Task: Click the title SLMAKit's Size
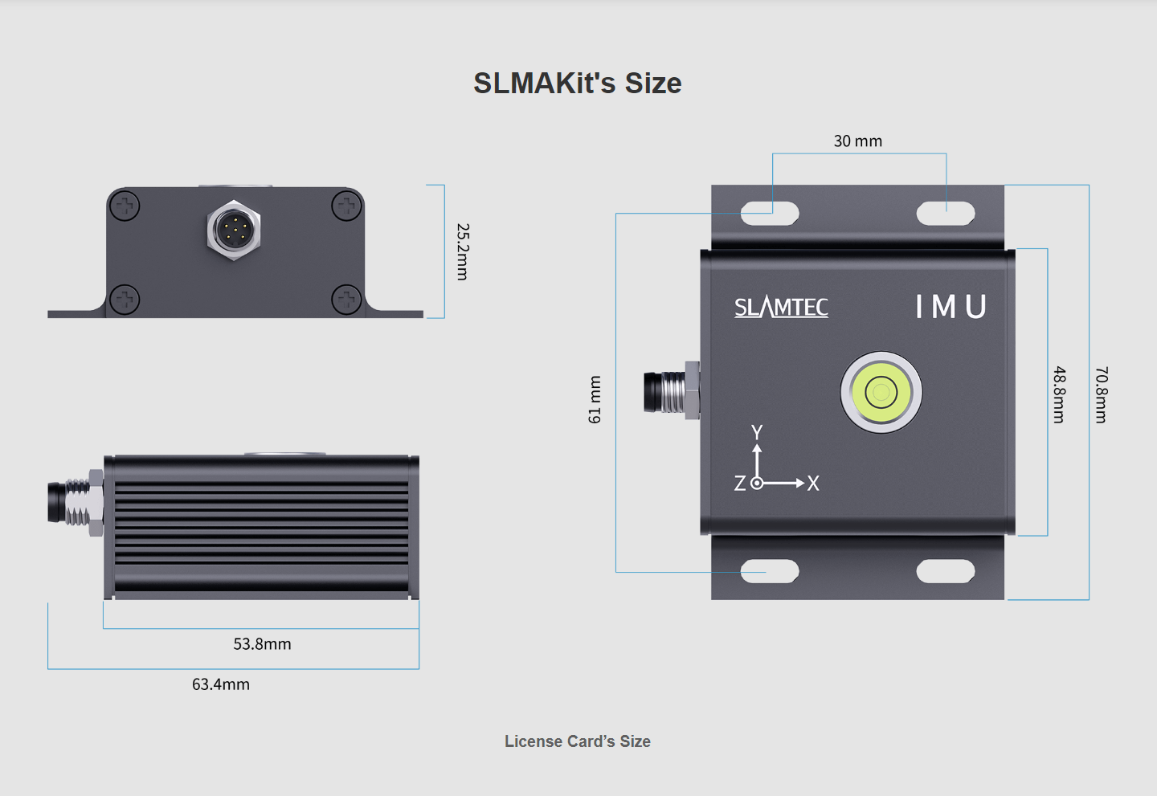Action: coord(577,84)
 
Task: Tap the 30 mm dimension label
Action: coord(857,141)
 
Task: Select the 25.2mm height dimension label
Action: coord(463,251)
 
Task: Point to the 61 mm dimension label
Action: coord(595,399)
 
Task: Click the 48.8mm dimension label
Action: coord(1060,394)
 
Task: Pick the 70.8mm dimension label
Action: coord(1102,394)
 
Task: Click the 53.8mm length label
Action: coord(262,644)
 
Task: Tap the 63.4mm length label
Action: coord(220,684)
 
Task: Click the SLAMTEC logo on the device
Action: coord(781,307)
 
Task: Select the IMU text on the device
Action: coord(951,307)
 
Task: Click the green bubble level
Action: coord(881,393)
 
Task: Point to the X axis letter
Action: coord(813,484)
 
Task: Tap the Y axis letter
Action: coord(757,433)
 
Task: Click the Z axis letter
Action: coord(740,484)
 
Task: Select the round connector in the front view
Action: coord(234,231)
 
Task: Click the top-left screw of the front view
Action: coord(125,206)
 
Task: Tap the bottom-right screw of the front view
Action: coord(346,300)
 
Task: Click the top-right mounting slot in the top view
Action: coord(946,214)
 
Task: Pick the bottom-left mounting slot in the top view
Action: coord(770,571)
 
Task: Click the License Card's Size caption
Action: coord(577,741)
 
